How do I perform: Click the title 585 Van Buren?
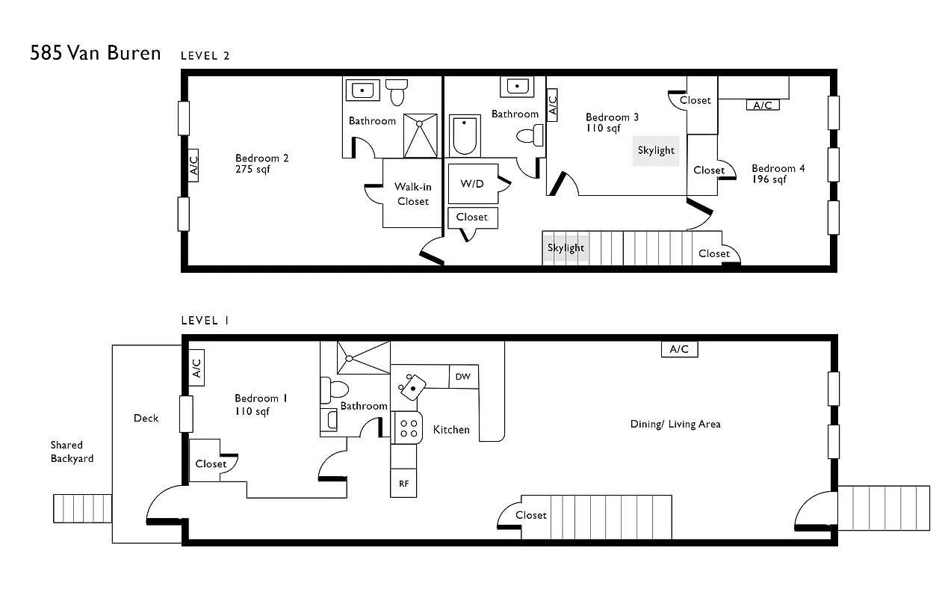(95, 53)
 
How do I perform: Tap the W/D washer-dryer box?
(472, 183)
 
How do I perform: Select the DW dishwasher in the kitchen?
(463, 377)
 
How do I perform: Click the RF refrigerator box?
(403, 484)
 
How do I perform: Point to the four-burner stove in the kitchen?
(409, 428)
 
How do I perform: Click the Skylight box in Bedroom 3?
(656, 150)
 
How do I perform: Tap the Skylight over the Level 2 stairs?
(565, 248)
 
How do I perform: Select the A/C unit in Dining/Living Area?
(679, 349)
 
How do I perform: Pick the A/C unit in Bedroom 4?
(762, 105)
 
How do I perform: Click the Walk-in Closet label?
(413, 194)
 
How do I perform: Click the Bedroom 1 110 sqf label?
(256, 405)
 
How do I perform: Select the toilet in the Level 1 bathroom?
(335, 389)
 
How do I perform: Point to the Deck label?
(146, 419)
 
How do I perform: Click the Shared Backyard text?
(72, 451)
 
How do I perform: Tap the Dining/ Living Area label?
(675, 424)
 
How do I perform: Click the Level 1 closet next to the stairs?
(531, 515)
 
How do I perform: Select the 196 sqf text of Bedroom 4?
(769, 179)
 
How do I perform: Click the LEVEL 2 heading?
(205, 55)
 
